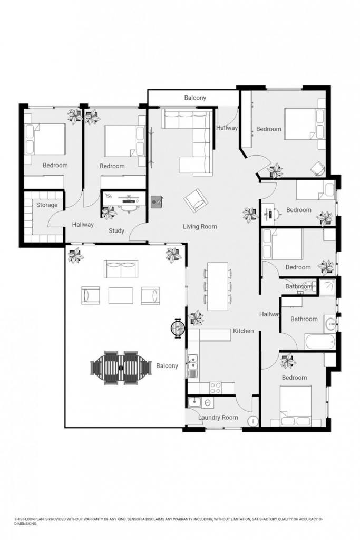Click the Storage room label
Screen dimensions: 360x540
[47, 205]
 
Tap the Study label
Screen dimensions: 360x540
[116, 231]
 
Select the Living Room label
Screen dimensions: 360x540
[200, 227]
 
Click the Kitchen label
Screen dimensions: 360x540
[244, 331]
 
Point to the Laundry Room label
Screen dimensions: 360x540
[218, 418]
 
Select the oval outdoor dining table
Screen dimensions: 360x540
[121, 368]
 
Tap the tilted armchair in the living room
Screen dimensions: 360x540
[196, 200]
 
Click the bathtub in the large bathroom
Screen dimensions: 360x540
[319, 341]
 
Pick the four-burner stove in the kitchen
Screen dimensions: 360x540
[216, 388]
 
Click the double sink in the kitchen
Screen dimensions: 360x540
[193, 366]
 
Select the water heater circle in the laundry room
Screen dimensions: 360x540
[254, 421]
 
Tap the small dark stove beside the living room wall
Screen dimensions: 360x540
[157, 202]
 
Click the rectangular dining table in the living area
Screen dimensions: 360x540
[218, 286]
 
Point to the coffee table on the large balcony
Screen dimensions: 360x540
[121, 295]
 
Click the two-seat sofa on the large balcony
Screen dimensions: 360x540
[121, 269]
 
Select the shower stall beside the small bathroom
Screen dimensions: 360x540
[326, 287]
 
